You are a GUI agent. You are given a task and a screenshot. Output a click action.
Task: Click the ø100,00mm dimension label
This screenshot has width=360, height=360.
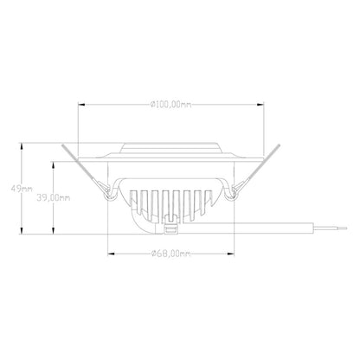[x=170, y=106]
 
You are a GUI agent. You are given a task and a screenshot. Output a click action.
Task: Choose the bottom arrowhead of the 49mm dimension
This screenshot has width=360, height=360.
[x=24, y=234]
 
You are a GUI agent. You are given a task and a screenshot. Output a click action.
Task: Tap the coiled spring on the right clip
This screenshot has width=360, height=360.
[x=232, y=195]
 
